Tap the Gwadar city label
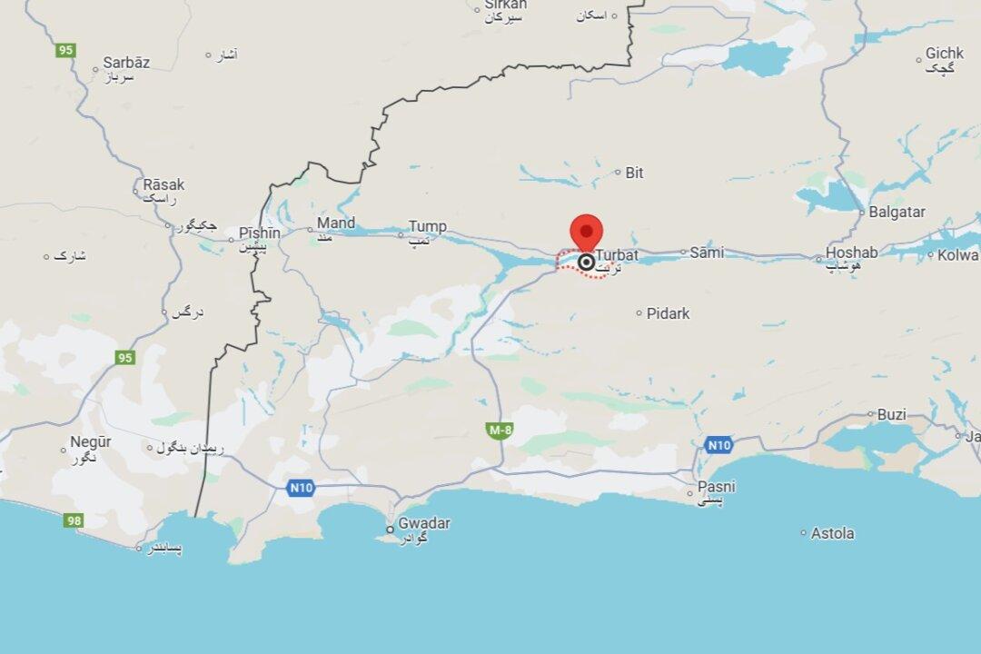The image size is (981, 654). (423, 523)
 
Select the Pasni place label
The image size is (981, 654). (717, 487)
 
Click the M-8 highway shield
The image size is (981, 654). (500, 431)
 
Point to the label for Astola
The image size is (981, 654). (832, 533)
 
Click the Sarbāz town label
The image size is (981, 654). (126, 63)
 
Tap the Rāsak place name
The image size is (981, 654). (163, 184)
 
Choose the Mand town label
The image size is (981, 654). (336, 223)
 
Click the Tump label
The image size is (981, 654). (427, 226)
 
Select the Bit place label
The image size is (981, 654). (634, 173)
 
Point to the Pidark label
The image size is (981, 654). (668, 313)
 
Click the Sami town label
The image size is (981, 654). (707, 253)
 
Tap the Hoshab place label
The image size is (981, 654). (852, 253)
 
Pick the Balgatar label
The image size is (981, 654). (897, 212)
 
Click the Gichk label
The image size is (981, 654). (945, 54)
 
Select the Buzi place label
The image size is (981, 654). (891, 414)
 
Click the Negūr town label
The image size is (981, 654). (91, 442)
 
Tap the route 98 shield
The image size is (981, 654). (74, 521)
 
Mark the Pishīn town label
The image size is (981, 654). (259, 233)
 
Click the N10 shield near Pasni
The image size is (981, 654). (718, 445)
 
